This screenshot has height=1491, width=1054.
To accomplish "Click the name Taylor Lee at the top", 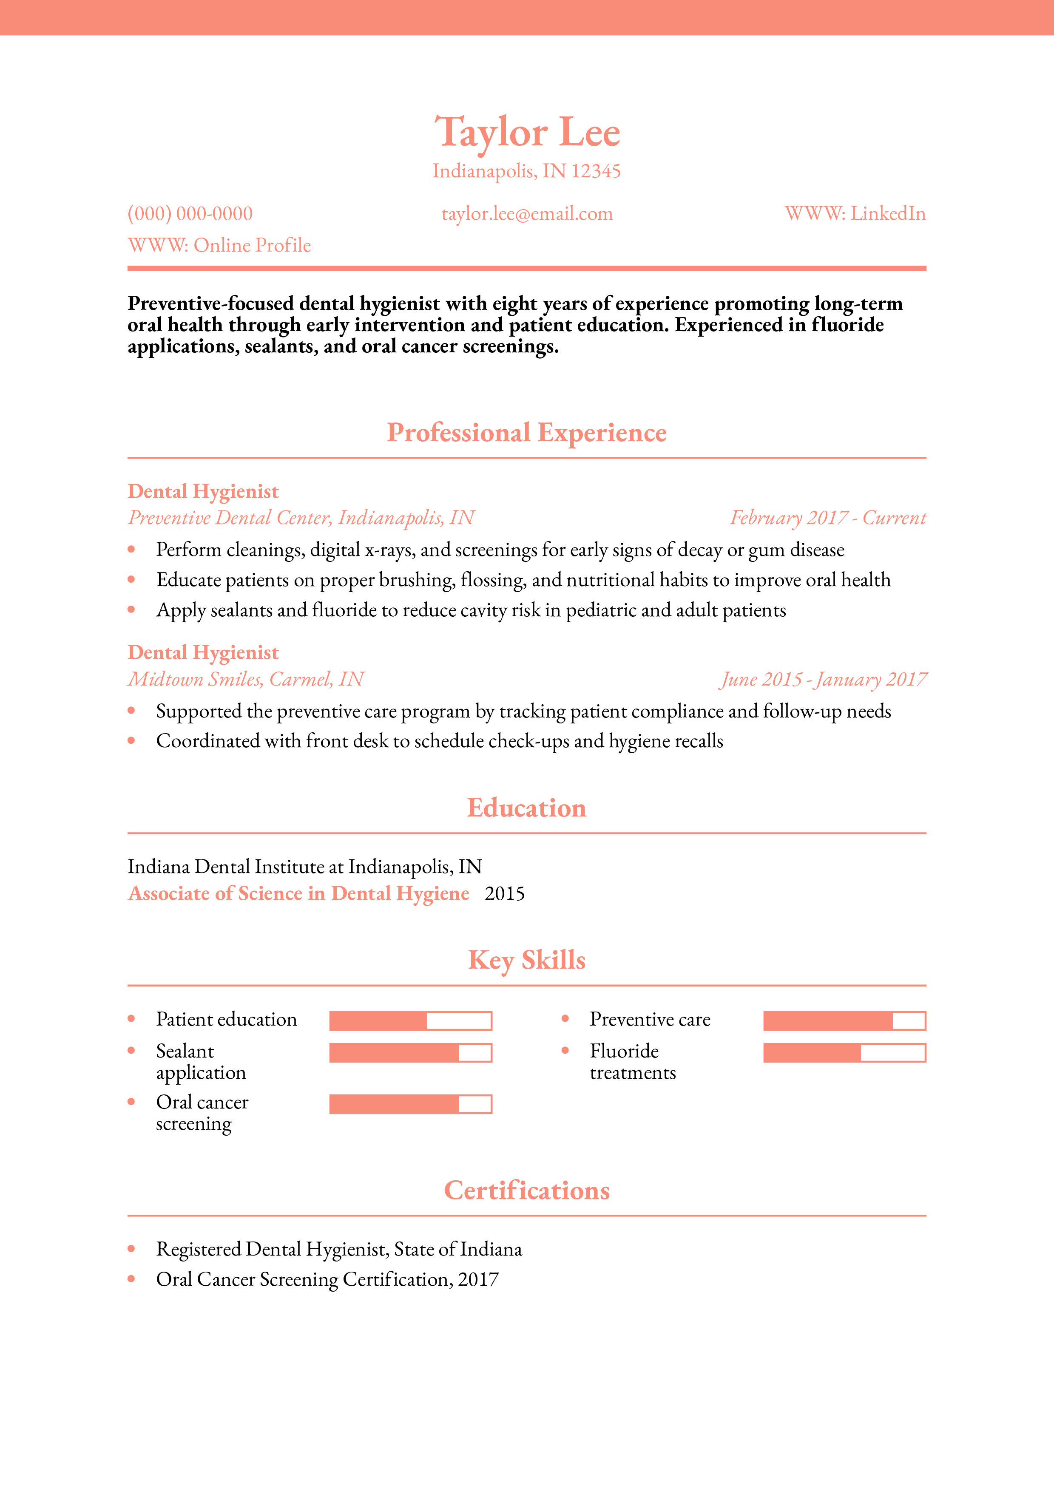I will pyautogui.click(x=527, y=133).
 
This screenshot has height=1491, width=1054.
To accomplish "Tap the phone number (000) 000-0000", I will pyautogui.click(x=190, y=214).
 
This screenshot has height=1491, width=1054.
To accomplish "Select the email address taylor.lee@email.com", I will pyautogui.click(x=527, y=214).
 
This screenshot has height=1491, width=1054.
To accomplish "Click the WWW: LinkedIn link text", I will pyautogui.click(x=855, y=214).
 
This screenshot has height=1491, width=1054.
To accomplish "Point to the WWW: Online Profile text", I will pyautogui.click(x=219, y=246).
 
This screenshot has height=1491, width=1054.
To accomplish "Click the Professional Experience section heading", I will pyautogui.click(x=527, y=433).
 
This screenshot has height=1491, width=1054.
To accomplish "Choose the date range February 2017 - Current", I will pyautogui.click(x=828, y=518).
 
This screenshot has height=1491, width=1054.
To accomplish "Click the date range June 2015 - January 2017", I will pyautogui.click(x=823, y=679).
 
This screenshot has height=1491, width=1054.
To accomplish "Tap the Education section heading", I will pyautogui.click(x=527, y=808).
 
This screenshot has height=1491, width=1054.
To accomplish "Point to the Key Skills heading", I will pyautogui.click(x=527, y=960).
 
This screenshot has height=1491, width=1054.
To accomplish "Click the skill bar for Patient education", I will pyautogui.click(x=410, y=1021).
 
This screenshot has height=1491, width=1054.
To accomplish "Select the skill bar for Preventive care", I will pyautogui.click(x=844, y=1021).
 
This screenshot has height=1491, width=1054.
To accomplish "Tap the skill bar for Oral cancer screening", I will pyautogui.click(x=410, y=1104).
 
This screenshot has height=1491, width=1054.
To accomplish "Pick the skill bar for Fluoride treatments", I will pyautogui.click(x=844, y=1053).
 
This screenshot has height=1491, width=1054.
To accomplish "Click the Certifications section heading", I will pyautogui.click(x=527, y=1191).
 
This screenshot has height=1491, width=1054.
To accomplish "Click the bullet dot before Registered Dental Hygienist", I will pyautogui.click(x=132, y=1249).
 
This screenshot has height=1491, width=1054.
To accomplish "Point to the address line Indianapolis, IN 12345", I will pyautogui.click(x=527, y=171).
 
